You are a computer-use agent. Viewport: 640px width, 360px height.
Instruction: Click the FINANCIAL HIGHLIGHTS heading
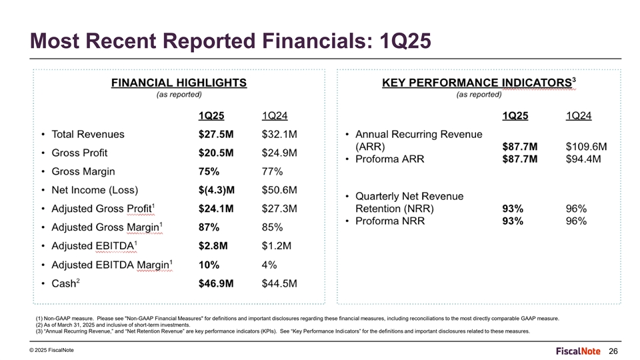[x=178, y=83]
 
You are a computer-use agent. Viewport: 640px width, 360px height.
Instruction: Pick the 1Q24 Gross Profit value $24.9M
[x=280, y=153]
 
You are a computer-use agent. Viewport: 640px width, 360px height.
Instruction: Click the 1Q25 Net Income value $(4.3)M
[x=216, y=190]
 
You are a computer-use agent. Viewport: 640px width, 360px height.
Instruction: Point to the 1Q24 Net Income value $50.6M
[x=280, y=190]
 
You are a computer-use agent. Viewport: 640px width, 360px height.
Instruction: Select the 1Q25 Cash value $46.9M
[x=216, y=283]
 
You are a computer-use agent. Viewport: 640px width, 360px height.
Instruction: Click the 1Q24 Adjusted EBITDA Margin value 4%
[x=270, y=265]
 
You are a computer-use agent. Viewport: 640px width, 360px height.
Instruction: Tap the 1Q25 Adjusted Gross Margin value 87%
[x=209, y=227]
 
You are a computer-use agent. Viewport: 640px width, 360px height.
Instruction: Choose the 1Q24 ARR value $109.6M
[x=586, y=147]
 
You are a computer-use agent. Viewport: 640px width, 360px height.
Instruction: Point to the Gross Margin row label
[x=85, y=171]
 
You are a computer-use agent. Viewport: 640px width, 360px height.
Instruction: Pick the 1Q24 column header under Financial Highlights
[x=277, y=116]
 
